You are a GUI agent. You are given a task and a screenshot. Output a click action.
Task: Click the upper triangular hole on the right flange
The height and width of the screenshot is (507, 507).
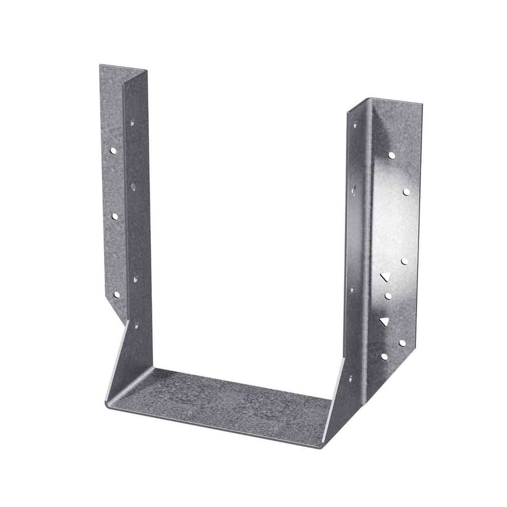click(384, 277)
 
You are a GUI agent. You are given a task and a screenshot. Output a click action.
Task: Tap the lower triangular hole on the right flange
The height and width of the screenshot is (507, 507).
click(383, 322)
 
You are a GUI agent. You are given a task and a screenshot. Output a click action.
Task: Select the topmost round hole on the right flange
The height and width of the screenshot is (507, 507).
click(391, 155)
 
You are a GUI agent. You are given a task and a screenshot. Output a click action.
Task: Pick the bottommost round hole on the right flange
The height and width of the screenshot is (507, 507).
click(384, 356)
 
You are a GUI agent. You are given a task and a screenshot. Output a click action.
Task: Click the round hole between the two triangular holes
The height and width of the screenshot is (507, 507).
click(388, 295)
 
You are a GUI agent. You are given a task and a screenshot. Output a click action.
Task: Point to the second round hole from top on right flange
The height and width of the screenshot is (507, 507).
click(406, 192)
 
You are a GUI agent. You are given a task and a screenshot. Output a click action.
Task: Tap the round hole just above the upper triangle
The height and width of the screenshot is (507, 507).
click(405, 261)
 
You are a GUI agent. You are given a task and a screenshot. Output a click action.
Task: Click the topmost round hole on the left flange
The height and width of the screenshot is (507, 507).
click(113, 151)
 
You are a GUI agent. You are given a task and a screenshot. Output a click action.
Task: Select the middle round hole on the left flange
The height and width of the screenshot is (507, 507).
click(116, 216)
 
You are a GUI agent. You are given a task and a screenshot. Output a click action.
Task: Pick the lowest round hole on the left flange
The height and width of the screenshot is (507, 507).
click(116, 294)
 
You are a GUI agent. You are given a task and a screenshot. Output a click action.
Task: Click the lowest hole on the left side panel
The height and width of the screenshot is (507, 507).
click(137, 326)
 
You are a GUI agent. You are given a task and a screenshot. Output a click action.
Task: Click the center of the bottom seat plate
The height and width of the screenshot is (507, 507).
click(222, 400)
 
